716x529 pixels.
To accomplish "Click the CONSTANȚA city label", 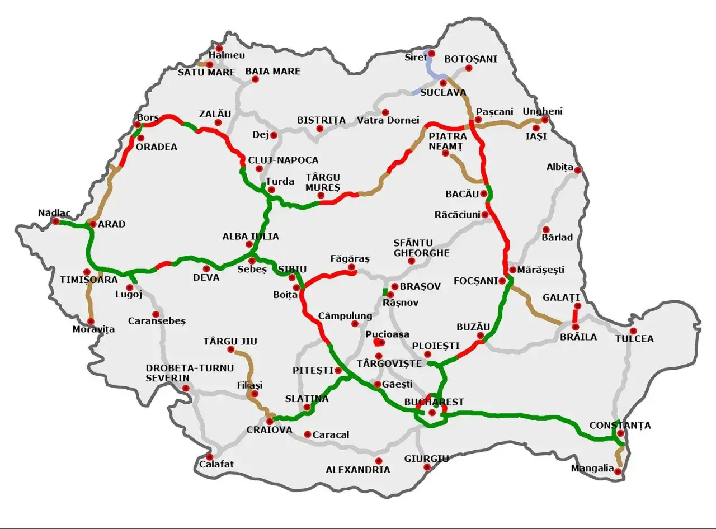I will (x=620, y=426).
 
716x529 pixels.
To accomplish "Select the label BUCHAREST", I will (x=434, y=402).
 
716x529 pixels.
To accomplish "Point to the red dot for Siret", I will (x=431, y=54).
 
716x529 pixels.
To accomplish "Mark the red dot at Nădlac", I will (x=56, y=221).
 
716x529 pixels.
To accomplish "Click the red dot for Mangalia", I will (x=618, y=471).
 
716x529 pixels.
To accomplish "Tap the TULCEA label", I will (x=634, y=338).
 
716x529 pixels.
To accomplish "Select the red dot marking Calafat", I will (x=210, y=457).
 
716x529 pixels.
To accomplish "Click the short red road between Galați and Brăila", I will (x=575, y=315).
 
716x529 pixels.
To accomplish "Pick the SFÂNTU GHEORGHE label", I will (x=421, y=248).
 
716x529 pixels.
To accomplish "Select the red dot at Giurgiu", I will (x=427, y=467).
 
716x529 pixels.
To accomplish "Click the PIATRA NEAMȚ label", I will (x=447, y=141).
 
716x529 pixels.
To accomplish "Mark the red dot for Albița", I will (x=577, y=170).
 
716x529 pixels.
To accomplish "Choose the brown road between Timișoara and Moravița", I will (x=90, y=302).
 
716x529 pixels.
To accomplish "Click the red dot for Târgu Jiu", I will (x=230, y=349).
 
